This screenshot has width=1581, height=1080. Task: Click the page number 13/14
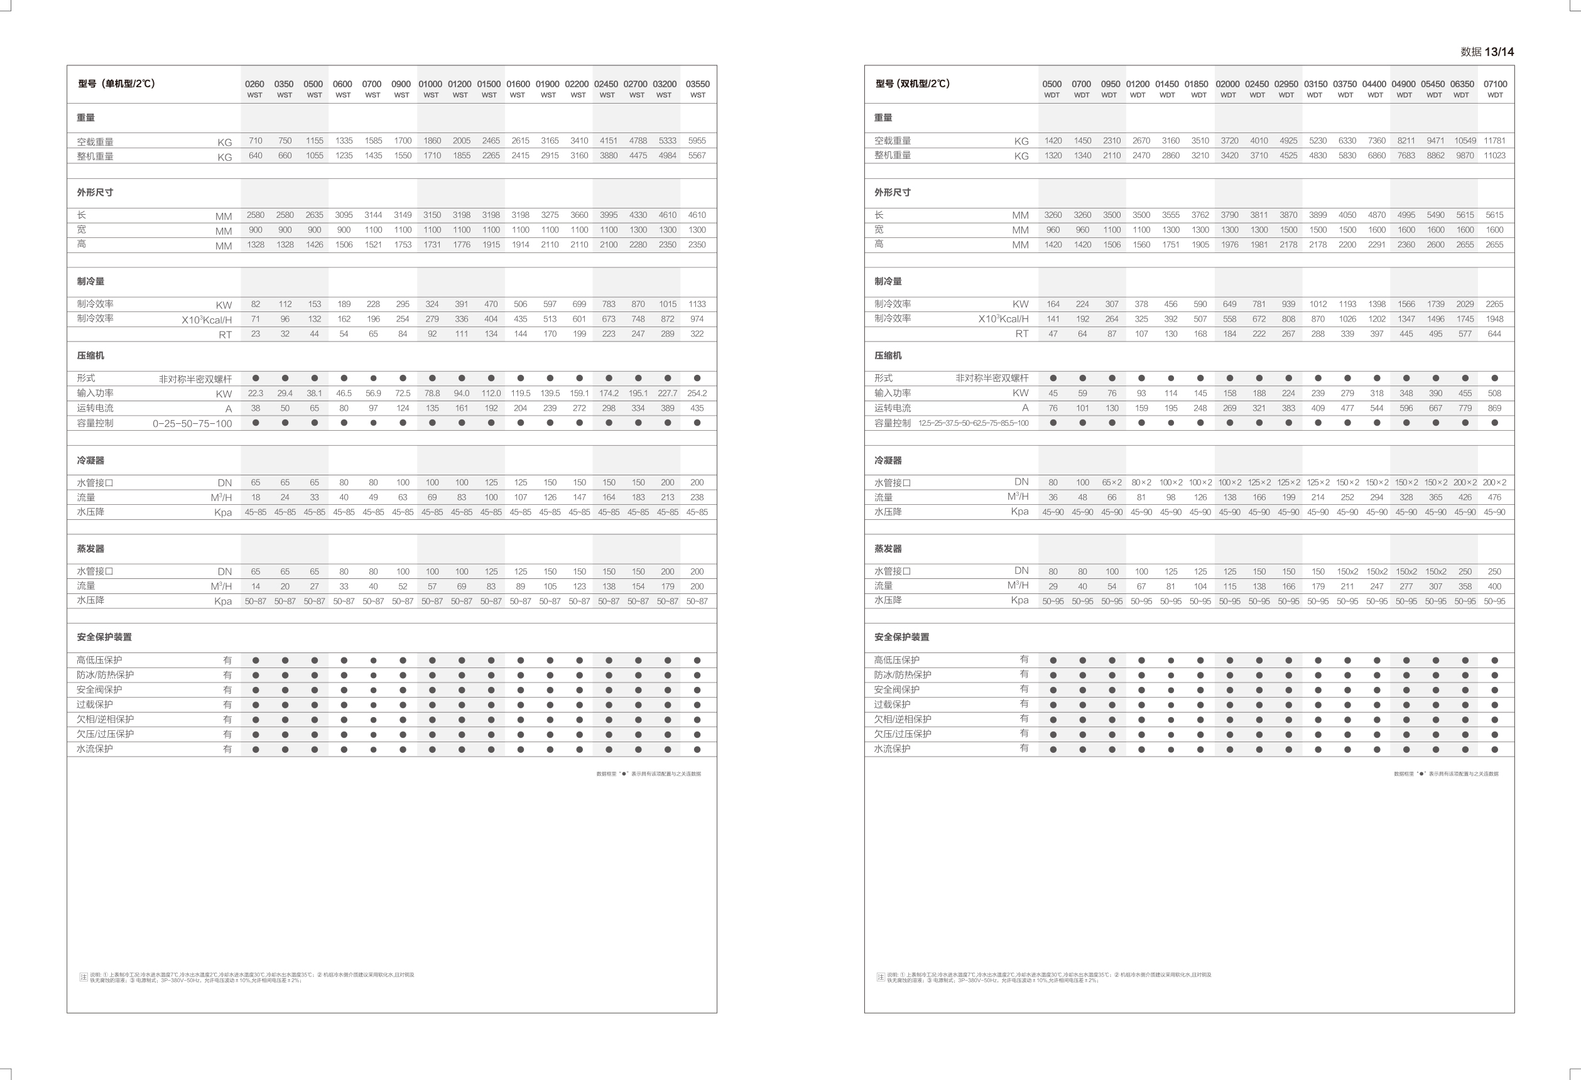1499,51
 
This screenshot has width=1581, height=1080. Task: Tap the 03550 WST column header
697,89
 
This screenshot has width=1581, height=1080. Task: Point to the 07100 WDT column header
1494,89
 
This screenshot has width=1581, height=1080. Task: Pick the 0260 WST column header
254,89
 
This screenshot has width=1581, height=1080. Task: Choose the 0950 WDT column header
1111,89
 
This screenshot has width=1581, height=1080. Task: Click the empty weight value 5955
697,141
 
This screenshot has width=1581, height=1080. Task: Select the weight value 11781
1494,141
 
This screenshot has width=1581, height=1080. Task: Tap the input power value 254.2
697,393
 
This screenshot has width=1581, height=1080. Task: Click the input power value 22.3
255,393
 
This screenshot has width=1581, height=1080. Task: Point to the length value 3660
579,215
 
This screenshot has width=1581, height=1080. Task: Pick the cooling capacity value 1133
697,304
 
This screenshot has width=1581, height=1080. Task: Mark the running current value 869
1494,408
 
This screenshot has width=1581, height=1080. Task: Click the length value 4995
1406,215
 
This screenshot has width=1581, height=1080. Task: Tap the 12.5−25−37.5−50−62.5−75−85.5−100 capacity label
973,423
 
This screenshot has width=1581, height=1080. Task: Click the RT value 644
1494,334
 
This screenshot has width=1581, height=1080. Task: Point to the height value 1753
403,245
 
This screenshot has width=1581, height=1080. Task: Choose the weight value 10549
1465,141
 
